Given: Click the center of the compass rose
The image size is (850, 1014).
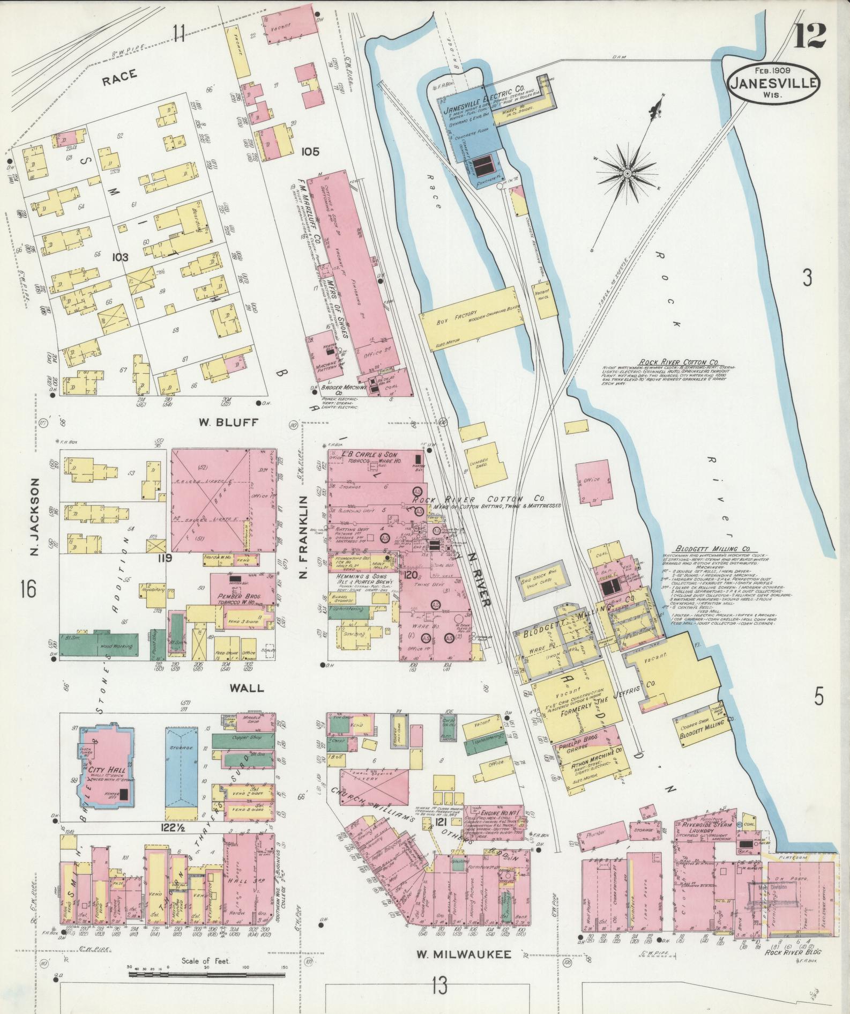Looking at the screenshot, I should pos(627,173).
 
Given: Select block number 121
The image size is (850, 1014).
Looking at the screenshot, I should pos(442,823).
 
